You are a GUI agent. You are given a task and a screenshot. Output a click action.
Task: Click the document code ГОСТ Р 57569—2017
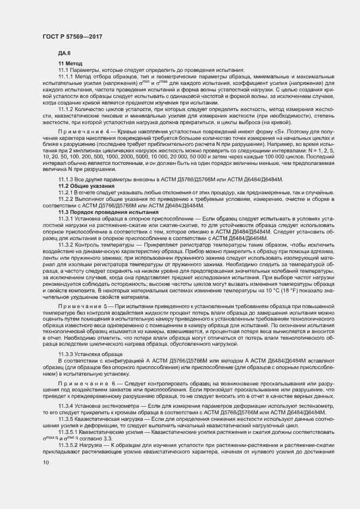[x=72, y=36]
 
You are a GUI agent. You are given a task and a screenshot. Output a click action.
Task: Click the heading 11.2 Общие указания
[x=86, y=186]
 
